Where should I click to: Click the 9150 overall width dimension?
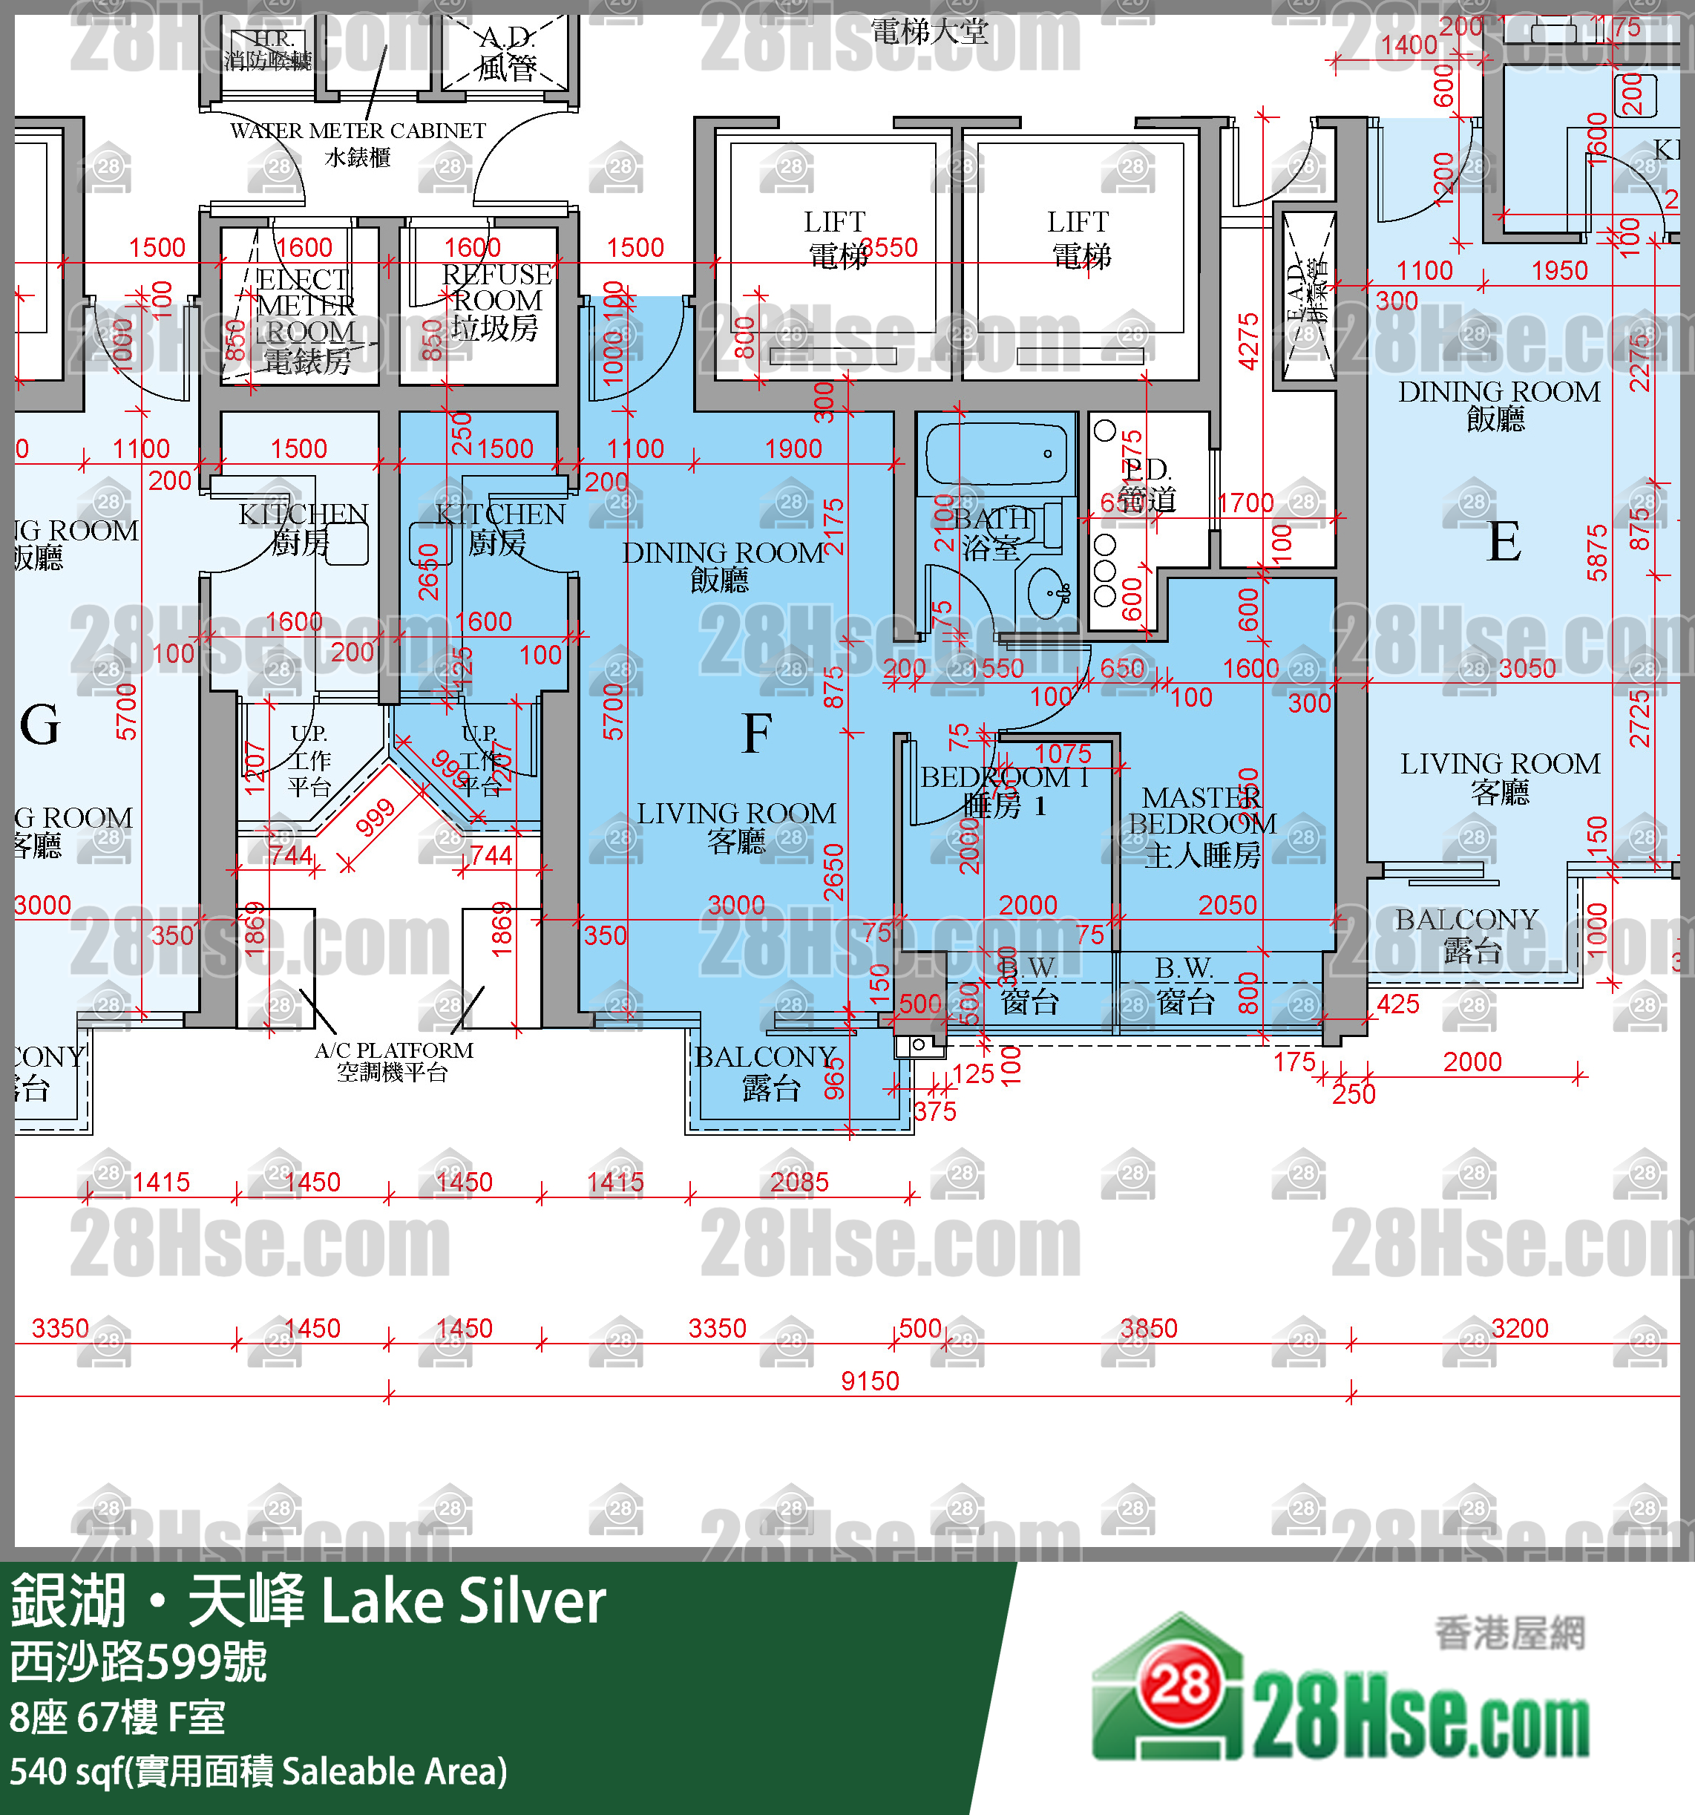pyautogui.click(x=869, y=1381)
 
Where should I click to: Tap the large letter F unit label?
pyautogui.click(x=757, y=733)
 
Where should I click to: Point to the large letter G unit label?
pyautogui.click(x=39, y=726)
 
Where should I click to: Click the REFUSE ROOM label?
pyautogui.click(x=496, y=301)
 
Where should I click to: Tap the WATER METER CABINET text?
pyautogui.click(x=358, y=131)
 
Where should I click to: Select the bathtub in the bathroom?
pyautogui.click(x=996, y=454)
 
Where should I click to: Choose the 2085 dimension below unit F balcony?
pyautogui.click(x=799, y=1183)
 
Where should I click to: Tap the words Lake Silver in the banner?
pyautogui.click(x=463, y=1602)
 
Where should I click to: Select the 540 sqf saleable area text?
pyautogui.click(x=258, y=1771)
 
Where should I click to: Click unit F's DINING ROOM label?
pyautogui.click(x=722, y=564)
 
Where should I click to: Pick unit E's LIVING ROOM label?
pyautogui.click(x=1500, y=776)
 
